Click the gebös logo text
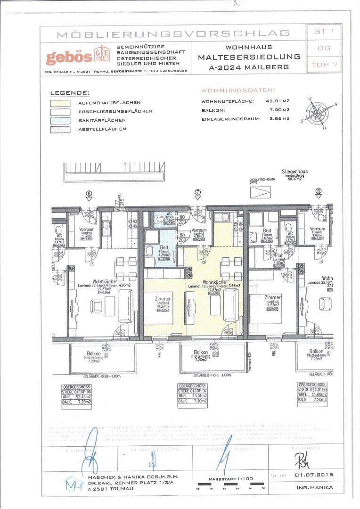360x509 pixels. click(69, 57)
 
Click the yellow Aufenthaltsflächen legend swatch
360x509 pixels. click(60, 103)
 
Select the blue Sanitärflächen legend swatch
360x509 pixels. click(60, 120)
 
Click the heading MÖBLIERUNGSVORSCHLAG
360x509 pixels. click(173, 34)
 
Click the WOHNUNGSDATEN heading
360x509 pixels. click(238, 90)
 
